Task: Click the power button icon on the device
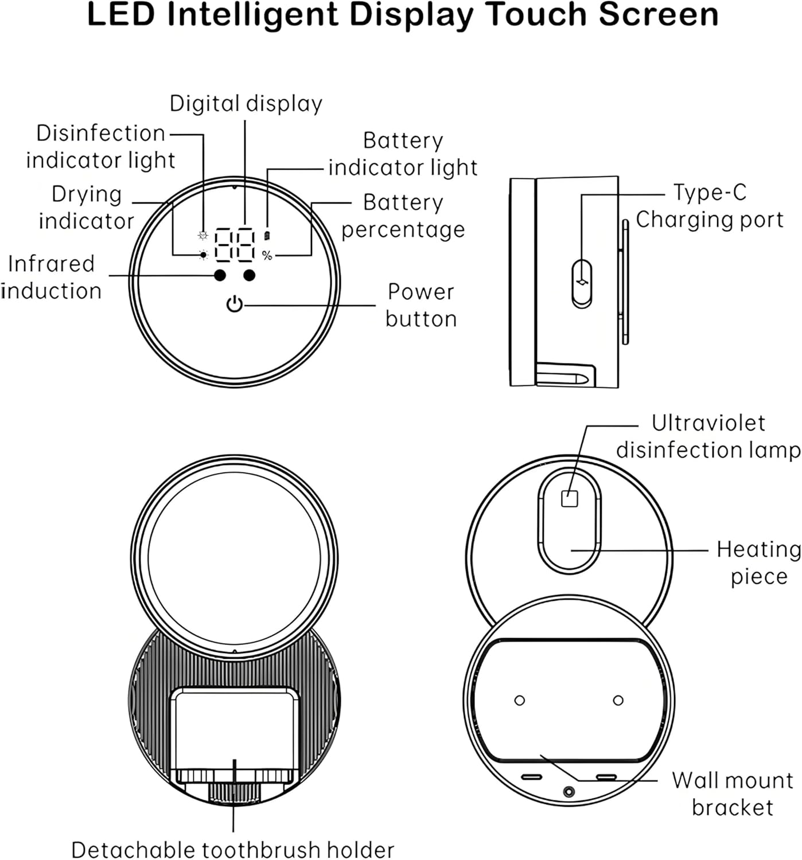pos(235,304)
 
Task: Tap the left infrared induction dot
pos(220,276)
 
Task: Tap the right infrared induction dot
pos(249,276)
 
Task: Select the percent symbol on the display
pos(267,256)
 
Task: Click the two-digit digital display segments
pos(235,245)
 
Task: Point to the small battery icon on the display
pos(267,236)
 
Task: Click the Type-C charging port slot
pos(582,283)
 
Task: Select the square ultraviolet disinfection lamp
pos(569,498)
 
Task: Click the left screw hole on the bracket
pos(520,700)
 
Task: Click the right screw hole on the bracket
pos(618,700)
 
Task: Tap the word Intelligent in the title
pos(252,15)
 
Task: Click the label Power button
pos(421,305)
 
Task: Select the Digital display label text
pos(246,104)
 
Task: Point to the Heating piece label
pos(758,562)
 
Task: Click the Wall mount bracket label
pos(733,793)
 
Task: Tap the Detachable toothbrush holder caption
pos(233,849)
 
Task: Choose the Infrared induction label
pos(52,277)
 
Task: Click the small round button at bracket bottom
pos(569,792)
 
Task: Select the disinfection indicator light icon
pos(203,235)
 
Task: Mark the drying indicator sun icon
pos(203,255)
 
